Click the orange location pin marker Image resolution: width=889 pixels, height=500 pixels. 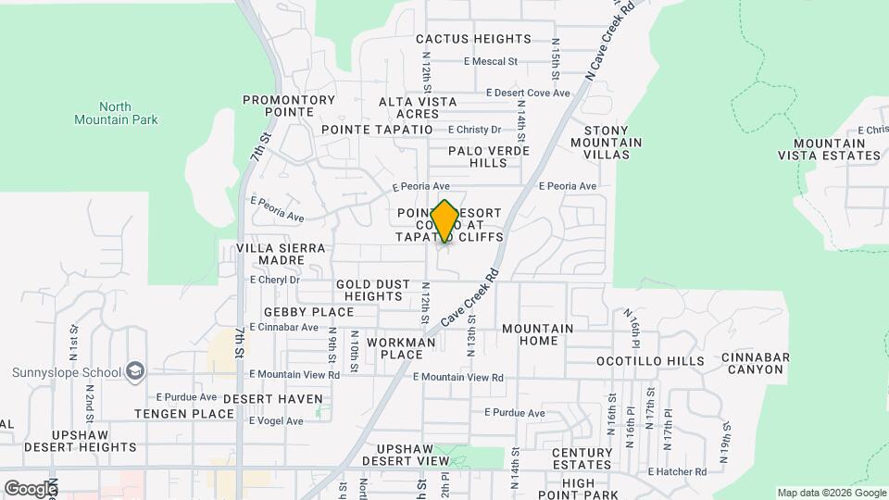click(444, 221)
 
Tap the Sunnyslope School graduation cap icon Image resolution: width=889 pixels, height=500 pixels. click(135, 371)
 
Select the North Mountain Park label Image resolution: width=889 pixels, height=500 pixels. click(116, 113)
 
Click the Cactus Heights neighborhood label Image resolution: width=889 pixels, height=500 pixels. click(473, 39)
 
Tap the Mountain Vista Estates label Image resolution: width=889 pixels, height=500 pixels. click(837, 149)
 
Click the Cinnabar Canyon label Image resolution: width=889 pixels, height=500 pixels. click(754, 363)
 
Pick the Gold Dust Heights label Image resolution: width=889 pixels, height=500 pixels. click(369, 291)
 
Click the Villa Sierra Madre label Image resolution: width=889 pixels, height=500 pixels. click(281, 255)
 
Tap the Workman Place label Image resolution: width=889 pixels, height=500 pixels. click(401, 348)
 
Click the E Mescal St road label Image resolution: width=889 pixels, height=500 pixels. click(490, 62)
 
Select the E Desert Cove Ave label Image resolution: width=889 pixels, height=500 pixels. click(528, 94)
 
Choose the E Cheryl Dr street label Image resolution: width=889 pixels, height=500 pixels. click(275, 279)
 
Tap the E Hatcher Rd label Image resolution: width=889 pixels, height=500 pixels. click(677, 471)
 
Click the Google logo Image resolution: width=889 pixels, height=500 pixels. click(30, 488)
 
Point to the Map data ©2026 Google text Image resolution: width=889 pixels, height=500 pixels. click(831, 493)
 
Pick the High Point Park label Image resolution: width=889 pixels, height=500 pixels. click(591, 483)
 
